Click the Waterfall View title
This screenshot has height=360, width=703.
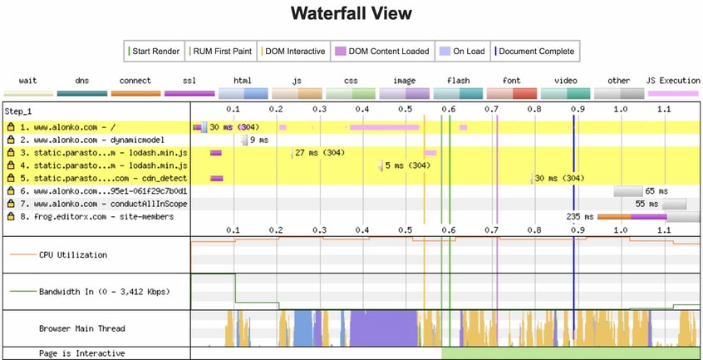click(351, 14)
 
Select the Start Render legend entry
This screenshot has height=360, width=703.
click(155, 52)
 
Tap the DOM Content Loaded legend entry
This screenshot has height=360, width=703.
click(382, 52)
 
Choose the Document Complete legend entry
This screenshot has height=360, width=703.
click(535, 52)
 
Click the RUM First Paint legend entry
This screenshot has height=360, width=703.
click(222, 52)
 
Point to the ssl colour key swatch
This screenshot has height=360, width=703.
click(189, 94)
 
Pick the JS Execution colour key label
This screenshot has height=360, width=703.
click(672, 81)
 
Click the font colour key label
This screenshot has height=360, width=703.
click(512, 81)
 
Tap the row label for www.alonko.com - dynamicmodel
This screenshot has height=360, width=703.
click(98, 140)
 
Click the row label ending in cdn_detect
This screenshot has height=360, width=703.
click(98, 178)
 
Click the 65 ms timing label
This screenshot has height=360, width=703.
click(656, 191)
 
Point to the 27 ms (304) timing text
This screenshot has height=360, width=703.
click(321, 153)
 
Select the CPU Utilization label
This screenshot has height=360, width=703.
click(73, 254)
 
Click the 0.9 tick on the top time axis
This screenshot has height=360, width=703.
click(576, 110)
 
